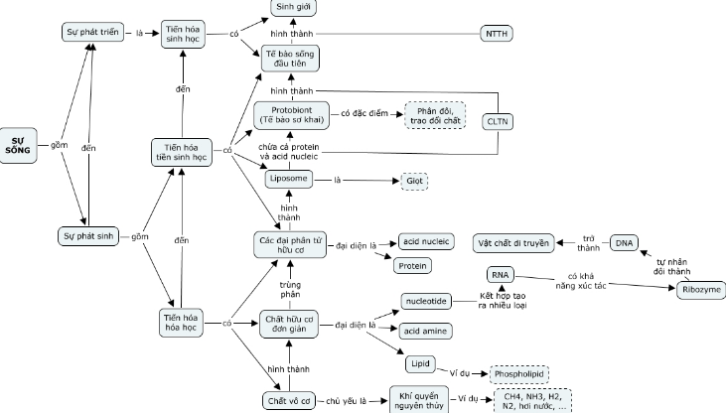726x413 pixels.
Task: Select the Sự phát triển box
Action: pyautogui.click(x=90, y=33)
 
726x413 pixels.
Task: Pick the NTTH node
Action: pyautogui.click(x=496, y=34)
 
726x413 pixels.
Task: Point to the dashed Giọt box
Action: pyautogui.click(x=415, y=180)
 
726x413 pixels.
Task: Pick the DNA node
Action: pyautogui.click(x=624, y=242)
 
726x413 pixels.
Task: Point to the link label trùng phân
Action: pyautogui.click(x=289, y=288)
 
